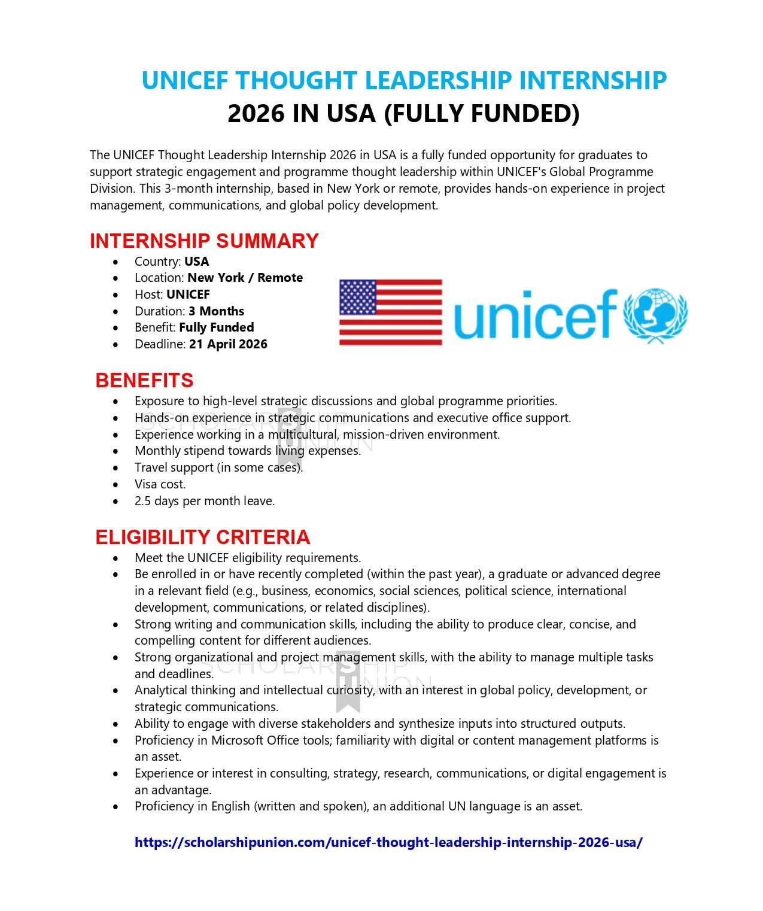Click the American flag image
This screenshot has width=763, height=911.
[x=391, y=312]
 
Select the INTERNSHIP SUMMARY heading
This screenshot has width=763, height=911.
[x=204, y=241]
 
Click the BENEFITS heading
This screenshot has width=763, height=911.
[x=144, y=380]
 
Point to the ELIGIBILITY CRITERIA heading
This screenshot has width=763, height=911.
[x=202, y=537]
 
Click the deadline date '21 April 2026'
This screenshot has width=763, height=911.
[x=228, y=344]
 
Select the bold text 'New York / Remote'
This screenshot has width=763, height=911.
[x=245, y=278]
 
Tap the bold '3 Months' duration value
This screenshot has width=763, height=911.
[x=216, y=311]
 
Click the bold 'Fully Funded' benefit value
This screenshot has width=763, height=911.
[x=216, y=327]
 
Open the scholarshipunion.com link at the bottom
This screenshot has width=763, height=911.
[x=388, y=842]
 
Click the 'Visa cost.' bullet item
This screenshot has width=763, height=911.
[x=160, y=484]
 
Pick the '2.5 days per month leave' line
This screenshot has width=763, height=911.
[x=205, y=501]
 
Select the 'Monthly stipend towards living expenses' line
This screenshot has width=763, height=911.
[x=248, y=451]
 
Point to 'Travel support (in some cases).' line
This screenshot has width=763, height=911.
[x=218, y=467]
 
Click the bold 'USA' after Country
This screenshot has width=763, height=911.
[x=196, y=262]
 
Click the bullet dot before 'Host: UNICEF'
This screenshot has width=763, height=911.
[x=115, y=295]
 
